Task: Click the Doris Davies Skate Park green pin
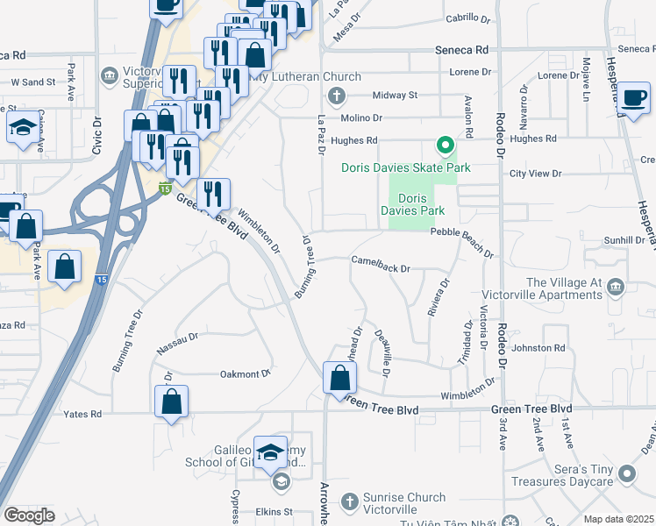445,146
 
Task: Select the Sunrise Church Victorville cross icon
349,501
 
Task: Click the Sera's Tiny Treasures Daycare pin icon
626,474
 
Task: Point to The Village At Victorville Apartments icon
616,286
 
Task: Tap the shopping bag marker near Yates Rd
172,402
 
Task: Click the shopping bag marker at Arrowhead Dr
340,379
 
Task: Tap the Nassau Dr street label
177,343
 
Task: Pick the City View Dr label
535,174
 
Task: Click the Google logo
29,515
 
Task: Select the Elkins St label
275,511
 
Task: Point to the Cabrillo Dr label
467,18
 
